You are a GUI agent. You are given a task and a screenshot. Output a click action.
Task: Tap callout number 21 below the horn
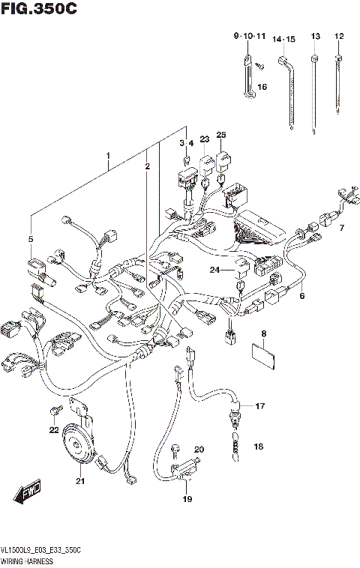point(80,482)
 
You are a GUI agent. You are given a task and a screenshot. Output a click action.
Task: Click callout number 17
point(259,407)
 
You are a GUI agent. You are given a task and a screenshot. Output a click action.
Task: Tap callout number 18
point(259,447)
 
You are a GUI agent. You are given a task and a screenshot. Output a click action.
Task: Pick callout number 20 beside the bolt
point(199,450)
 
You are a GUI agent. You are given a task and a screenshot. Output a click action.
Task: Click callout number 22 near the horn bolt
point(53,430)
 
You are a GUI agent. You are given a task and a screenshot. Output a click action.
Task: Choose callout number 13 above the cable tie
point(315,37)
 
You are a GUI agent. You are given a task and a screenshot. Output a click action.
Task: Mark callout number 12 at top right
point(339,37)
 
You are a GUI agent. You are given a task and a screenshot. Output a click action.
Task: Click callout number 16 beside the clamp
point(262,88)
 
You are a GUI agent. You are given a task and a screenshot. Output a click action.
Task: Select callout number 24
point(214,271)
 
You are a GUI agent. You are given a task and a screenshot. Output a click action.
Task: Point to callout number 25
point(221,135)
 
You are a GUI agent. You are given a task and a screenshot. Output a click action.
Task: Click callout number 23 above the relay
point(204,139)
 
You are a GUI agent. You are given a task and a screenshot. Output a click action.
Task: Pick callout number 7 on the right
point(341,228)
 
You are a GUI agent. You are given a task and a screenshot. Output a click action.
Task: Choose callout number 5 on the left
point(31,240)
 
